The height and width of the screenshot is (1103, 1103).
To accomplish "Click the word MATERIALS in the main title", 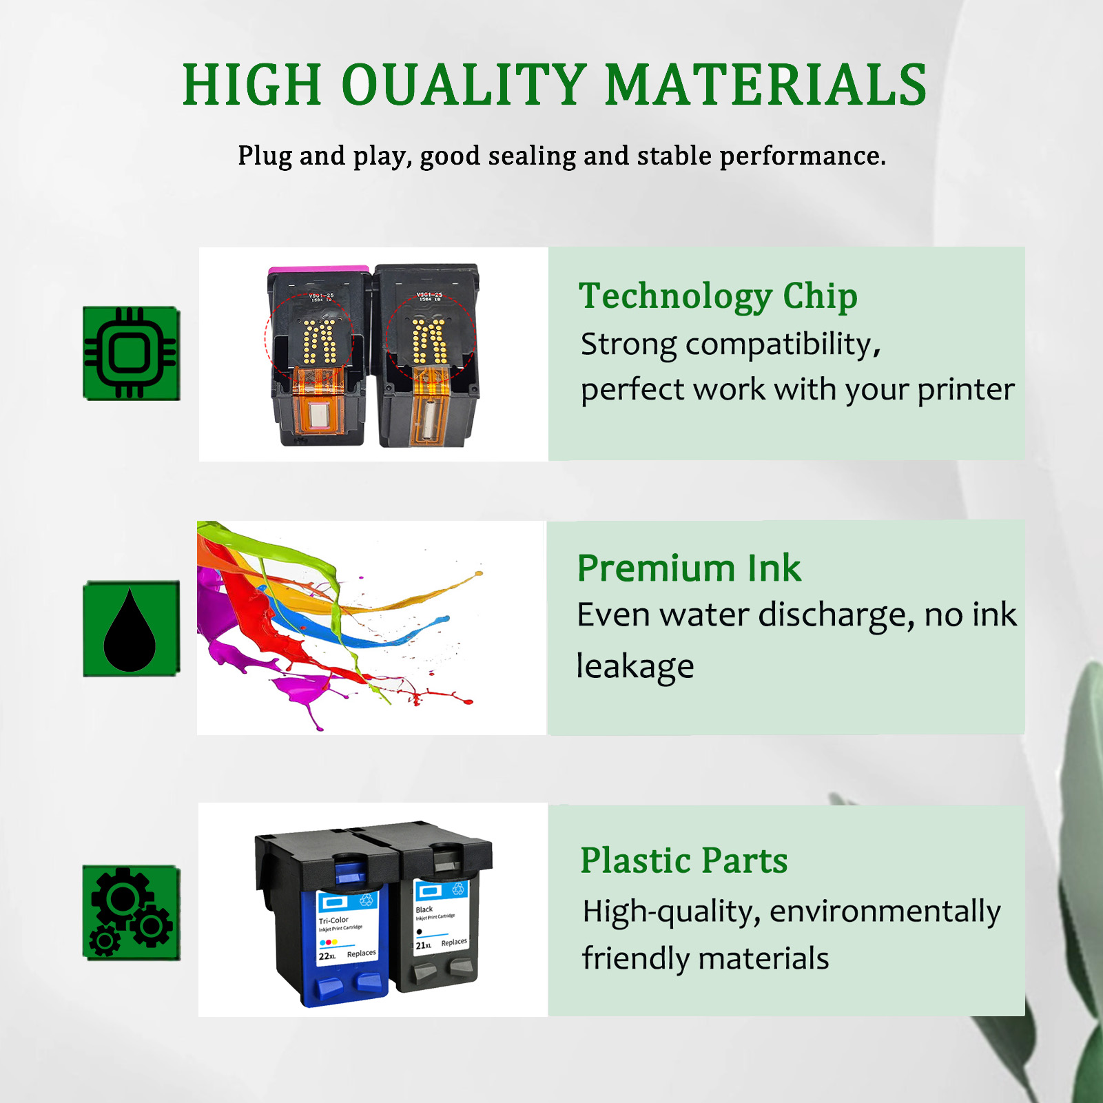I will pos(765,85).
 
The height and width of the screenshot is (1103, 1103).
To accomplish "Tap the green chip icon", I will pos(131,353).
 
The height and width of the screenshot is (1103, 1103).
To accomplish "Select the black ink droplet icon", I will pos(130,629).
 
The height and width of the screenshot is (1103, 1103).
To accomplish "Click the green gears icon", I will pos(131,912).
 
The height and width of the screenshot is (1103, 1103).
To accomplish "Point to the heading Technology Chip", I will pos(718,296).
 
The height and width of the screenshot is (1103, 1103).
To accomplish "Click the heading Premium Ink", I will pos(689,568).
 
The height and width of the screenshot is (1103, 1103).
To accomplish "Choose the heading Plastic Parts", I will pos(683,860).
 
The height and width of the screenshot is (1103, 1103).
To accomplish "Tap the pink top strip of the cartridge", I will pos(318,269).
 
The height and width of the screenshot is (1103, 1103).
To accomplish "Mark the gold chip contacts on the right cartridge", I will pos(429,340).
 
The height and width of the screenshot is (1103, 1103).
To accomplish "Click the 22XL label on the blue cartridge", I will pos(327,956).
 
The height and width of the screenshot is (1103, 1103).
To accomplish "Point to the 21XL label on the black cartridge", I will pos(424,945).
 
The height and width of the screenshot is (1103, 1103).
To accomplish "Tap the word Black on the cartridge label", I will pos(424,909).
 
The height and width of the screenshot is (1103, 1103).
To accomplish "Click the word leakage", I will pos(635,667).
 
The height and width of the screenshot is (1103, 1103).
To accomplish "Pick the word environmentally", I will pos(885,912).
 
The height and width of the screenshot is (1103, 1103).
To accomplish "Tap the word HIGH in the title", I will pos(252,85).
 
